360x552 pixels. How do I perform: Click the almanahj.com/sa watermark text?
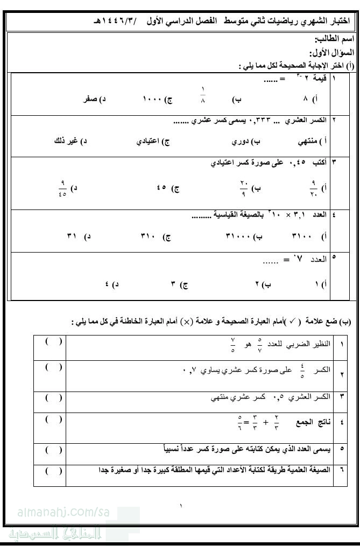coord(63,513)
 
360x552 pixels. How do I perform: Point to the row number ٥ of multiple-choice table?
coord(334,257)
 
